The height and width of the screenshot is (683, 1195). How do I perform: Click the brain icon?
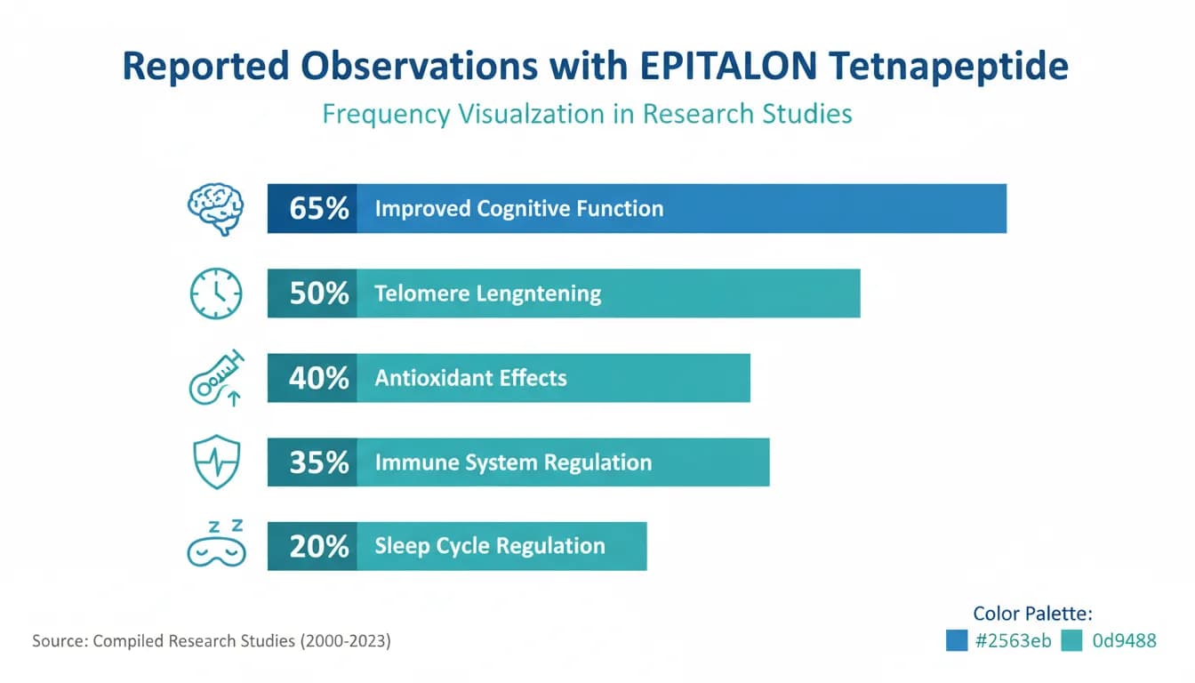tap(214, 208)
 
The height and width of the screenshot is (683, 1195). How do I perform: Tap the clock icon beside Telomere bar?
tap(215, 293)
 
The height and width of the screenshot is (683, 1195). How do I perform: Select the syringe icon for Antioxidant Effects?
tap(215, 378)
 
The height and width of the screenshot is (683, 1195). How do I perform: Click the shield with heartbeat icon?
tap(215, 462)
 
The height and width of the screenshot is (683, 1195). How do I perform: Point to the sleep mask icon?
tap(215, 544)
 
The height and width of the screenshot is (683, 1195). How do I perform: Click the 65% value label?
tap(318, 209)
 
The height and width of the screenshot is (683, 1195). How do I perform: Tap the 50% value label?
tap(318, 293)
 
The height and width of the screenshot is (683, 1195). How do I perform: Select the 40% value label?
tap(318, 378)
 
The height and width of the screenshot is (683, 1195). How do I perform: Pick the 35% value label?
tap(318, 462)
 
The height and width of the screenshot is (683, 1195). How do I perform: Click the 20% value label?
tap(318, 546)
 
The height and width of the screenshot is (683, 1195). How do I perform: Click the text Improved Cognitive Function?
tap(518, 209)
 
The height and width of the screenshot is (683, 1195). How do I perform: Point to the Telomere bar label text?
tap(487, 293)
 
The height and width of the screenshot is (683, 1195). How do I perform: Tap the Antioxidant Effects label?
tap(470, 378)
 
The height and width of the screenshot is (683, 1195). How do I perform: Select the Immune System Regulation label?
tap(513, 462)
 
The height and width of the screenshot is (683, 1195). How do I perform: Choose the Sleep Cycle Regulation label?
tap(489, 546)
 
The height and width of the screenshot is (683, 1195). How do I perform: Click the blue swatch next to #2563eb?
tap(957, 640)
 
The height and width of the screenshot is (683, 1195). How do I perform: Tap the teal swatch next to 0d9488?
tap(1071, 640)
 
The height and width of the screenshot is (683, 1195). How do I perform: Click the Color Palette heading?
tap(1032, 613)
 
